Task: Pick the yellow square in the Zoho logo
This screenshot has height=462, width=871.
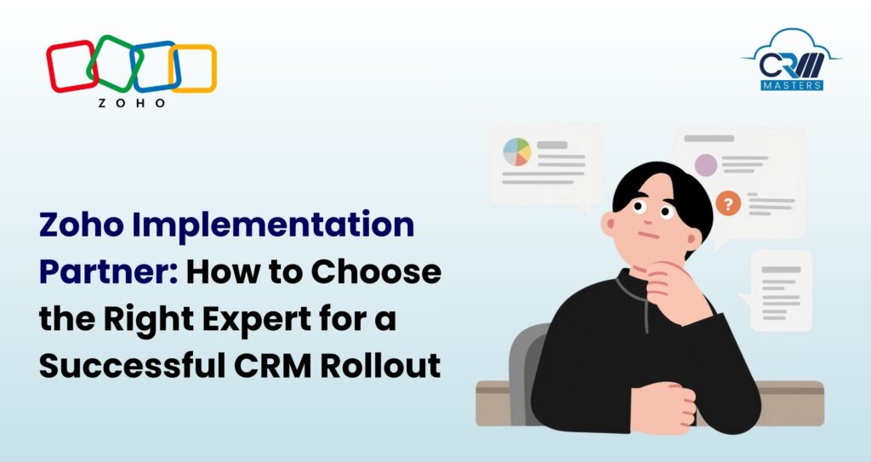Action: [194, 68]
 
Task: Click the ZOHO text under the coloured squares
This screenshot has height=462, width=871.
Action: [131, 103]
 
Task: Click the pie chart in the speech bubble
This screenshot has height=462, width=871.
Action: [517, 152]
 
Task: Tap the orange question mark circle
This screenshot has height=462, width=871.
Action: [726, 202]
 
